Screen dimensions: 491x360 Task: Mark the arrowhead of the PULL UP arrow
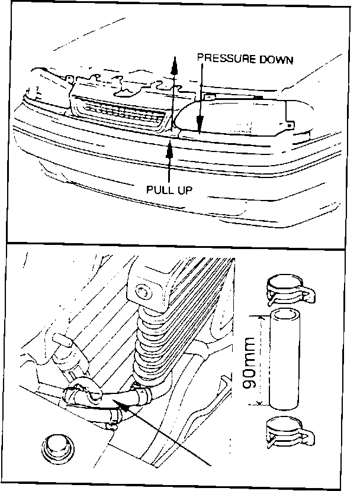170,150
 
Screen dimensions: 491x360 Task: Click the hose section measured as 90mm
285,361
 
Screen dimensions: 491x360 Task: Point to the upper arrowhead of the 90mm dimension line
259,318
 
